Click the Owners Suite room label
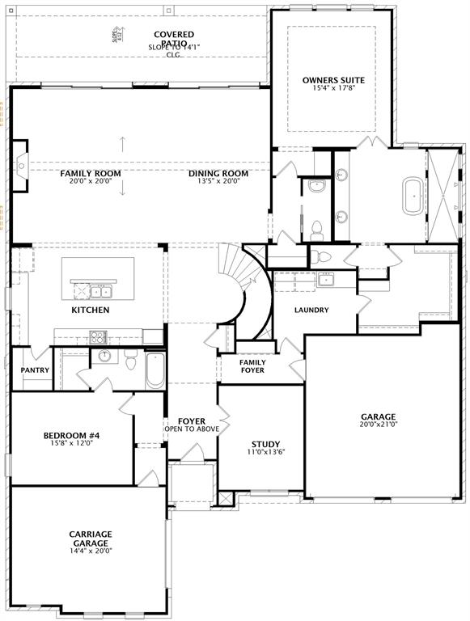pos(333,80)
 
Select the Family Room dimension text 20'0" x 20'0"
pos(91,181)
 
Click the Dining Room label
pos(218,173)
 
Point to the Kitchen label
pos(91,310)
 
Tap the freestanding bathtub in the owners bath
pos(413,196)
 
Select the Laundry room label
pos(311,310)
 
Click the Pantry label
pos(35,370)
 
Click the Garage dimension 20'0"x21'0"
pos(379,424)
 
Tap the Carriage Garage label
pos(91,539)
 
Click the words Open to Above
pos(191,429)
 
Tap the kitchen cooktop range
pos(98,336)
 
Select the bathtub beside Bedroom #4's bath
pos(154,370)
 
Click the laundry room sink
pos(325,280)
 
